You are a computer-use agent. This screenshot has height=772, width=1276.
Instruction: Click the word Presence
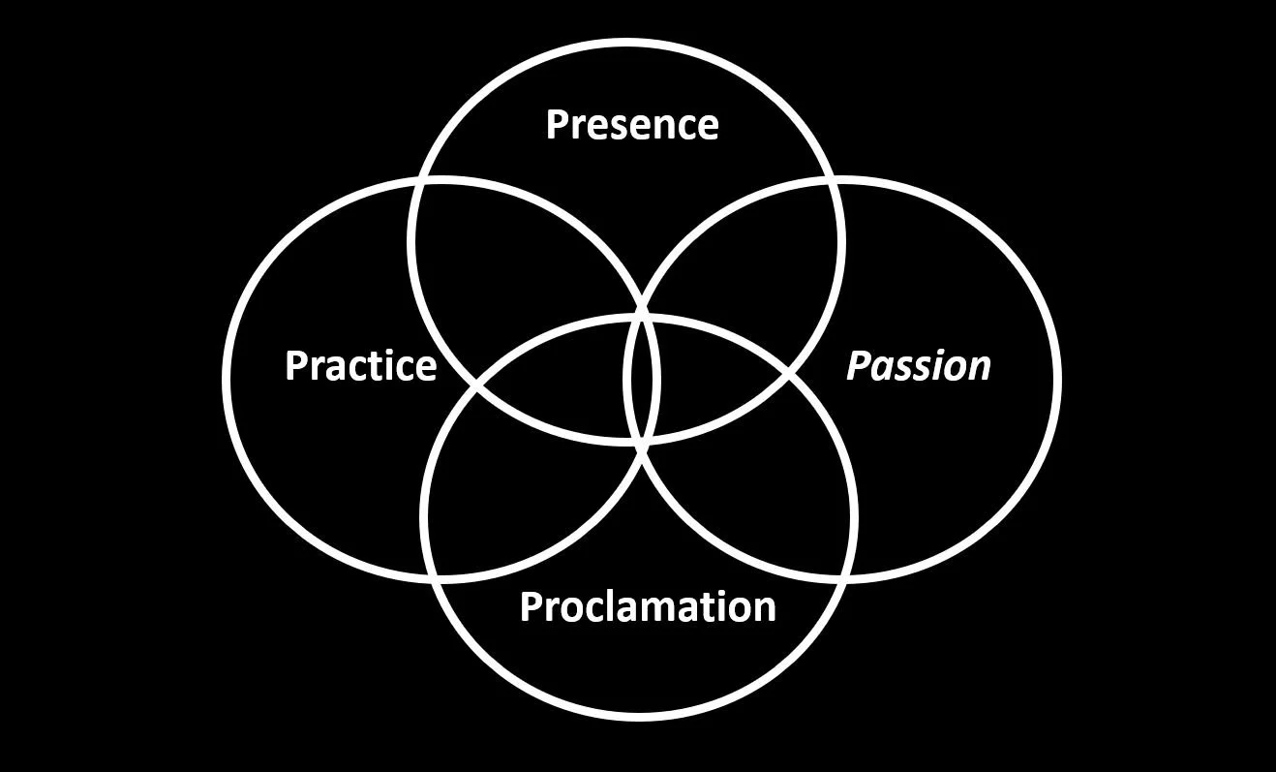tap(631, 125)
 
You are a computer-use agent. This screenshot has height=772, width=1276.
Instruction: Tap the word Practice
tap(360, 366)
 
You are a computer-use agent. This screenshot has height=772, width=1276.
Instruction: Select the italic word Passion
tap(919, 366)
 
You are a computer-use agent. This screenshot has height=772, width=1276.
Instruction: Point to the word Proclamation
tap(648, 606)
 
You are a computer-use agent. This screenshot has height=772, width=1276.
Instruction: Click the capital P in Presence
tap(557, 125)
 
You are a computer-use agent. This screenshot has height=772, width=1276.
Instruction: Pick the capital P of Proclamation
tap(531, 606)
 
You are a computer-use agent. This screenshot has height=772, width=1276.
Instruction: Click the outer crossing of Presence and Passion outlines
tap(832, 181)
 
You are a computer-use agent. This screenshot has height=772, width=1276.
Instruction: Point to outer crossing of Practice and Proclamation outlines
tap(437, 577)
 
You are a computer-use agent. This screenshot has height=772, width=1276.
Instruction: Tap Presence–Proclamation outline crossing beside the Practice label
tap(476, 386)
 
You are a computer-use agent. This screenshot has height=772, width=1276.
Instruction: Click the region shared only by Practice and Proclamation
tap(513, 504)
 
